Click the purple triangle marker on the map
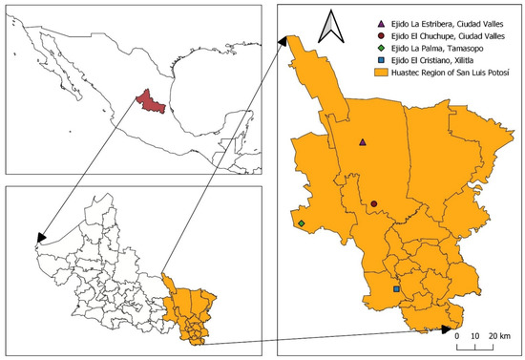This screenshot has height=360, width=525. coord(362,142)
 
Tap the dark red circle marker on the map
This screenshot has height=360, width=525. coord(374,203)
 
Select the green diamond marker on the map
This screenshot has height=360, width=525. coord(302,223)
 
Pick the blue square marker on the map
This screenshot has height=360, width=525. coord(396,288)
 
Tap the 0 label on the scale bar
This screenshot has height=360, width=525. coord(457,336)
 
